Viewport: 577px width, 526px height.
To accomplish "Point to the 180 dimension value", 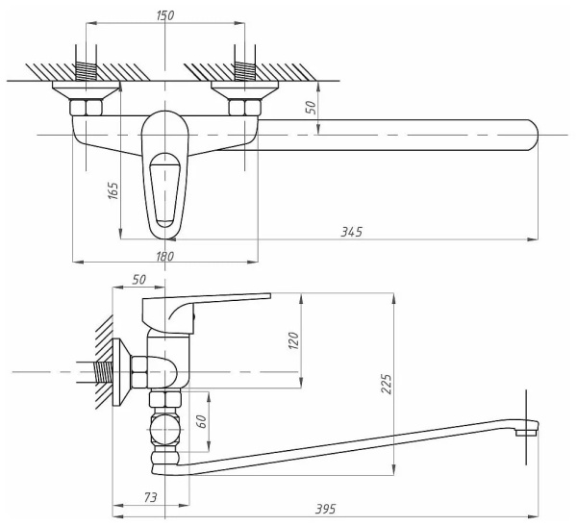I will click(164, 256).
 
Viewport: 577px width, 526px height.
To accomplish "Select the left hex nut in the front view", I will click(88, 107).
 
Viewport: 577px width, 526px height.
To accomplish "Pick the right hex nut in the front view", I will click(246, 107).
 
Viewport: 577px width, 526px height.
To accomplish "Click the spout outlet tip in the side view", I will click(525, 432).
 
